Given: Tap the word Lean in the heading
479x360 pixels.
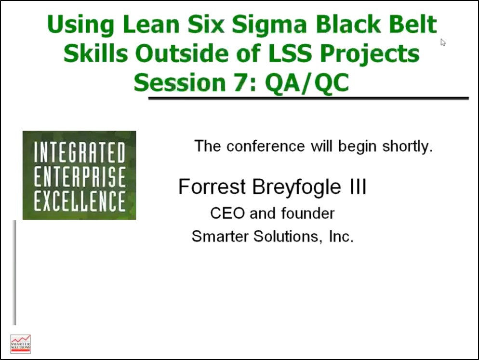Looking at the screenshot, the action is point(151,24).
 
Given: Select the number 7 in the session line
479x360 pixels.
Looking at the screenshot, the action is point(241,82).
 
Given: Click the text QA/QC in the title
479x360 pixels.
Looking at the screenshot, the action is point(306,83).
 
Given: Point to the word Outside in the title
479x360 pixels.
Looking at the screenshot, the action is point(182,53).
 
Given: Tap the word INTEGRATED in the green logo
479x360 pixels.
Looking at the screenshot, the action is point(80,152).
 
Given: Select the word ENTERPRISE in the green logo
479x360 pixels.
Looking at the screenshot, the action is point(80,176).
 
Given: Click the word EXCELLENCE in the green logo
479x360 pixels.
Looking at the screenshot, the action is point(80,200).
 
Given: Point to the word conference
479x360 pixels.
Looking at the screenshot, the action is point(266,146).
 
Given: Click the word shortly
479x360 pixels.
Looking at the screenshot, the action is point(408,147).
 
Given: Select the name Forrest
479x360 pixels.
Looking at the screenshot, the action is point(212,187).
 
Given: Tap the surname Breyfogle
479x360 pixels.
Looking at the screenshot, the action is point(296,187).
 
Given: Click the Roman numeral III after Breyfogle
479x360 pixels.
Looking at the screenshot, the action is point(358,187).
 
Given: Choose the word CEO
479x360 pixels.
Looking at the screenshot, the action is point(227,213).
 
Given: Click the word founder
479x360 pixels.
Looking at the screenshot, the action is point(308,213).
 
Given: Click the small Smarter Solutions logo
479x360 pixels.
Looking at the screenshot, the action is point(20,344).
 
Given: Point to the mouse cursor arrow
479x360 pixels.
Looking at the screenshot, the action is point(443,42).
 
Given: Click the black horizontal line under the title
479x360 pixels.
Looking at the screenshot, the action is point(308,98).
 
